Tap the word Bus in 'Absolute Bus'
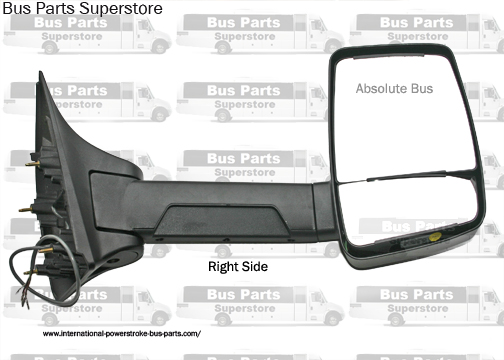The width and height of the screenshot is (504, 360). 422,89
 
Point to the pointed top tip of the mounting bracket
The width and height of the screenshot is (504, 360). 43,73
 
